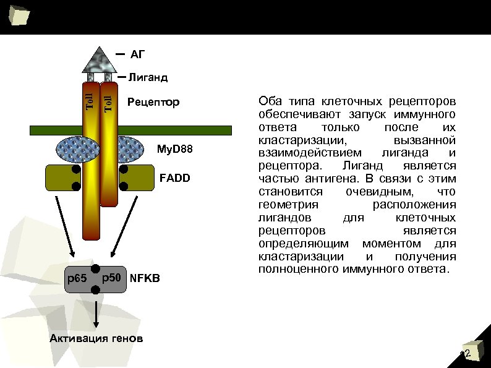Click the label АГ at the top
point(137,54)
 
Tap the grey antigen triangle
point(99,59)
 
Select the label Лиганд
point(149,79)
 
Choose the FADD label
point(175,178)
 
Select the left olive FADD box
point(62,178)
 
